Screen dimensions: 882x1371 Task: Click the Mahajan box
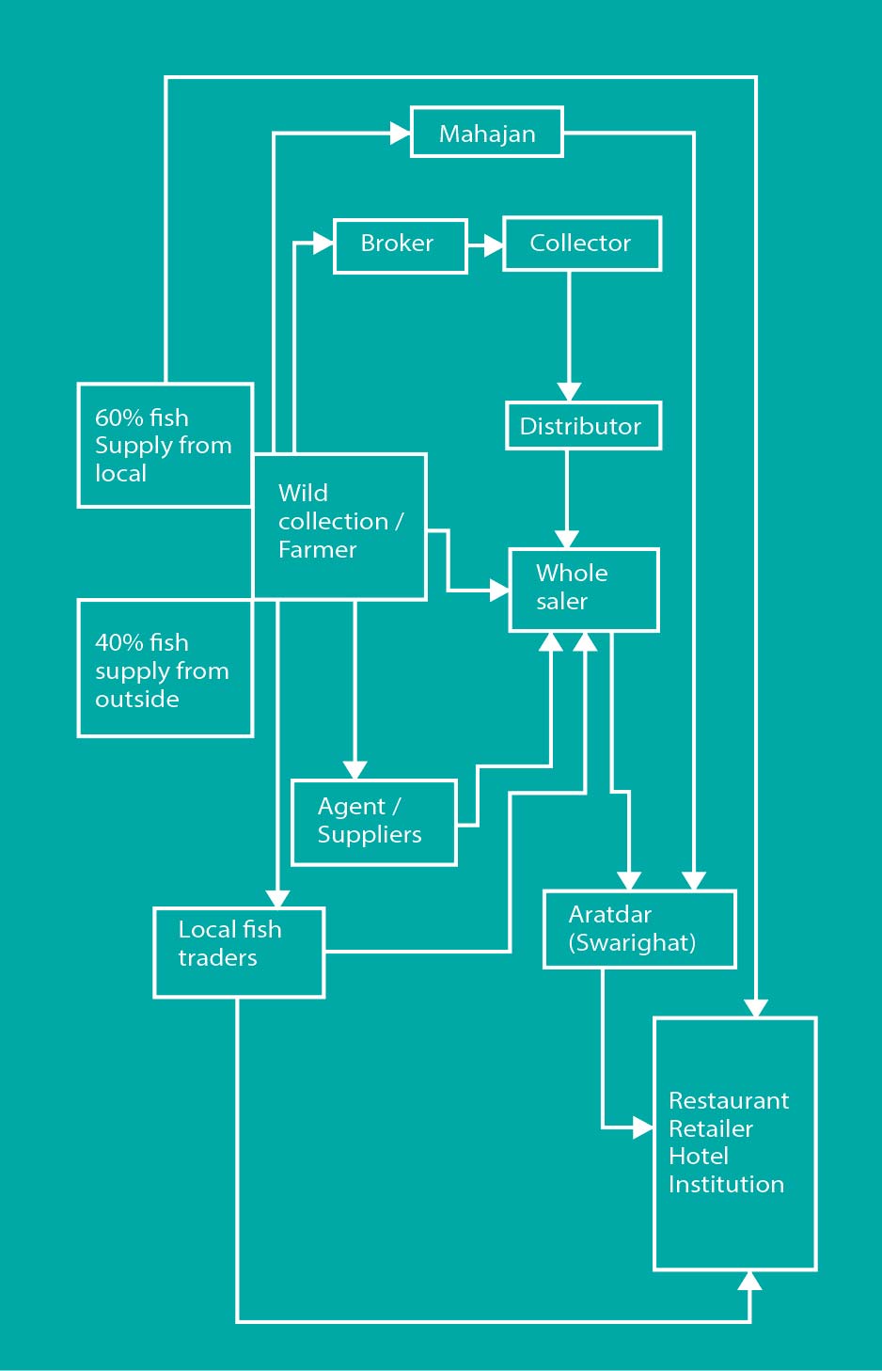(x=486, y=133)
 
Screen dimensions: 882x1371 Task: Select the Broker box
(x=401, y=246)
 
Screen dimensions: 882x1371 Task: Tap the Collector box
(x=582, y=244)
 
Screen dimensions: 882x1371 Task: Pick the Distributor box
(x=583, y=426)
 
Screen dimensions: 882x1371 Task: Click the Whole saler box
(x=584, y=590)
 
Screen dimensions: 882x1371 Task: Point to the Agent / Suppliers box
(x=374, y=823)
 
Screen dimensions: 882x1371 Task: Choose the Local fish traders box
(x=239, y=953)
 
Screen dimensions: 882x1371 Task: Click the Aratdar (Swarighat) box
(x=639, y=929)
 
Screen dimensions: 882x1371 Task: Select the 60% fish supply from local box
(x=165, y=446)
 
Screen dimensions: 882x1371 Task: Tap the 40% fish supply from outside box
(x=165, y=668)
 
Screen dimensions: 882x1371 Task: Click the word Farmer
(x=317, y=550)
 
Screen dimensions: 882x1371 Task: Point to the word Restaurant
(x=729, y=1100)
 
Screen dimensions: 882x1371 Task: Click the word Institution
(x=726, y=1184)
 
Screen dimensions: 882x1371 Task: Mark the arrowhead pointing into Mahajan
(x=400, y=133)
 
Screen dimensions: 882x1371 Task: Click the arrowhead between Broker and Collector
(x=493, y=245)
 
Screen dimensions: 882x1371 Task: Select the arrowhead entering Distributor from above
(x=569, y=392)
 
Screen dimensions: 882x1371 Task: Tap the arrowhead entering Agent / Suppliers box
(x=354, y=770)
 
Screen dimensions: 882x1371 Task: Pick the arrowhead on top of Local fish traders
(x=277, y=899)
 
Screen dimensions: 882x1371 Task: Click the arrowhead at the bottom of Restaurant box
(x=749, y=1281)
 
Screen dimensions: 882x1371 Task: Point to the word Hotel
(x=699, y=1157)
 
